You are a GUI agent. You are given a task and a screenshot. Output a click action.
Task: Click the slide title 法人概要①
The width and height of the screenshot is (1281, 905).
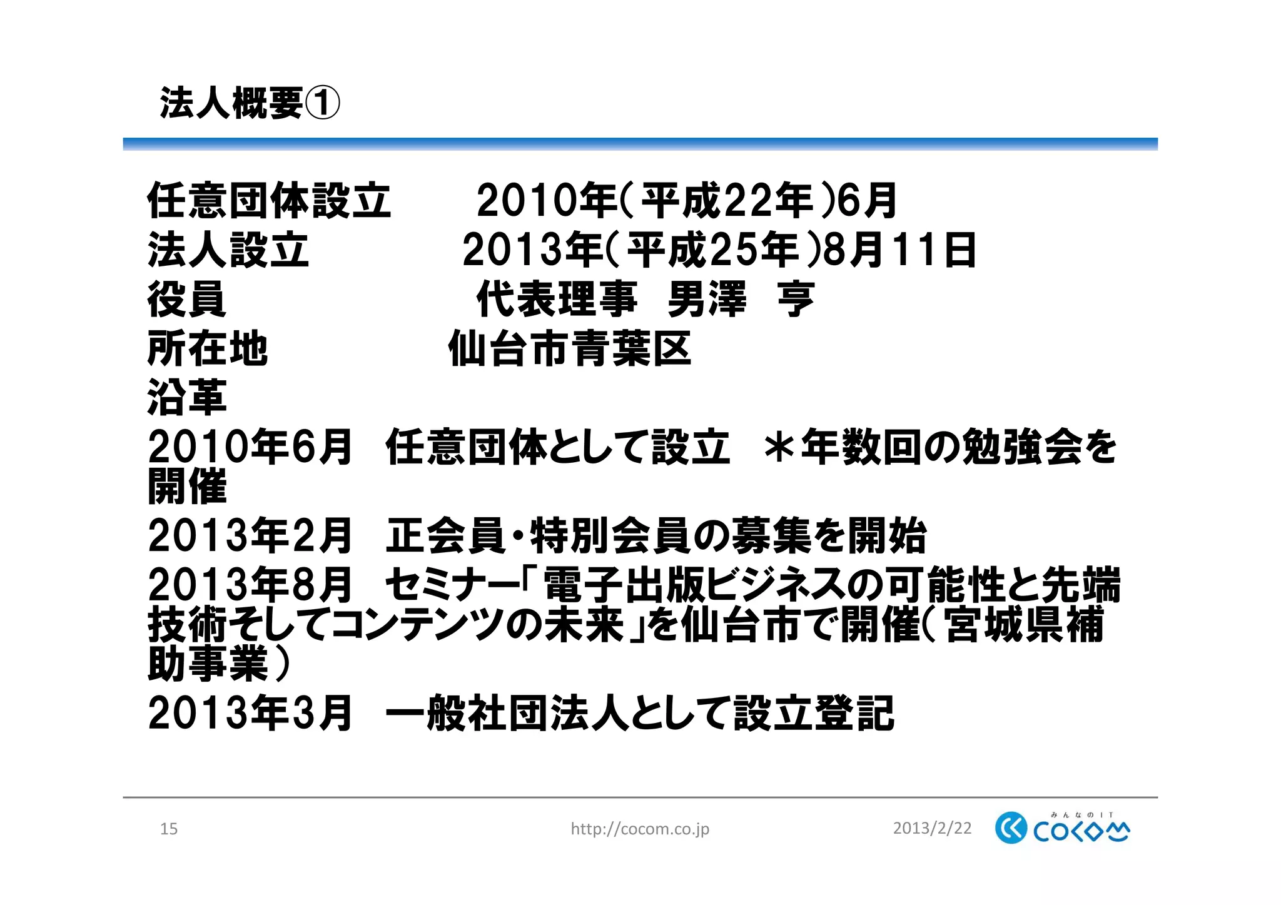click(x=250, y=103)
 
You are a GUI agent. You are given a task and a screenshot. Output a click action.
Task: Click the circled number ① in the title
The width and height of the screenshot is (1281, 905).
click(x=322, y=103)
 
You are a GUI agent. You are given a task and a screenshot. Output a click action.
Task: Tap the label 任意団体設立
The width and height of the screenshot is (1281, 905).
click(x=269, y=201)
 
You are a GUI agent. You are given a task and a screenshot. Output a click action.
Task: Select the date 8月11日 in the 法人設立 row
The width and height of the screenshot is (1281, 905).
click(x=899, y=250)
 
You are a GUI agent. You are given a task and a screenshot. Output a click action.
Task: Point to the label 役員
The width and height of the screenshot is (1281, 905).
click(x=186, y=299)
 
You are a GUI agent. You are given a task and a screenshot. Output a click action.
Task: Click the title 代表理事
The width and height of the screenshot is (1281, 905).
click(x=557, y=299)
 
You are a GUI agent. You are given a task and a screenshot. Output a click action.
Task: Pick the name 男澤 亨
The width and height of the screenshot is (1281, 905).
click(x=741, y=299)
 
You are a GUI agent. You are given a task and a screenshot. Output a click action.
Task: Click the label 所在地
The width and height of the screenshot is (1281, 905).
click(x=207, y=348)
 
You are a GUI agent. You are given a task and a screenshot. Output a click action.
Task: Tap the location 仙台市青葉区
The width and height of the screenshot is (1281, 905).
click(x=569, y=348)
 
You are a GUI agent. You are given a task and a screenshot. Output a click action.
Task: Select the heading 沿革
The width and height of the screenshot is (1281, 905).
click(x=186, y=397)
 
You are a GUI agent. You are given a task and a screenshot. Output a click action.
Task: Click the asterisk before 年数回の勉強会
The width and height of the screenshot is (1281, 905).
click(x=779, y=447)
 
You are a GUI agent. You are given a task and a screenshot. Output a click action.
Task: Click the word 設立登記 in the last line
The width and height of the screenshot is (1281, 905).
click(x=814, y=714)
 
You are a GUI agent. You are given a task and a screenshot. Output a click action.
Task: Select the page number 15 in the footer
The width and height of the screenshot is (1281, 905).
click(x=169, y=829)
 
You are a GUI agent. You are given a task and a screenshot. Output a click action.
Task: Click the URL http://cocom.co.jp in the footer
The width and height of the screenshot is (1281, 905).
click(x=640, y=829)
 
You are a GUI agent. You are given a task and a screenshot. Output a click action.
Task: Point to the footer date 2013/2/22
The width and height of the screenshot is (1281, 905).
click(x=932, y=829)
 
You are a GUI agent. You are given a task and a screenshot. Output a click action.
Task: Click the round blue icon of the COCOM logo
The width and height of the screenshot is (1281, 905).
click(x=1011, y=828)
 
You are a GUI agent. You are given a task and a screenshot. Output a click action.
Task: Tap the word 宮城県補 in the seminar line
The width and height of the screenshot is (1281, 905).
click(x=1025, y=625)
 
